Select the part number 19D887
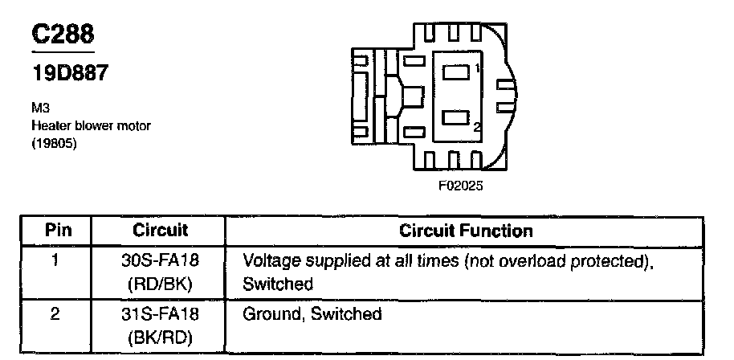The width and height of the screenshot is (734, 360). (69, 73)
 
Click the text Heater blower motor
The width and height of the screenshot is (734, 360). (91, 125)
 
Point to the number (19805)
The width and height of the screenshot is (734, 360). (54, 144)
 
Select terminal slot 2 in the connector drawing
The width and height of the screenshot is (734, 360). (456, 120)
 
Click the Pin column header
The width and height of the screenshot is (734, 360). (57, 231)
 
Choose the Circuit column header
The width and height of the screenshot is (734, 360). (160, 231)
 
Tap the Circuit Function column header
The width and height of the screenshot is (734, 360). (466, 231)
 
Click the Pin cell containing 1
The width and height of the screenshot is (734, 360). (56, 260)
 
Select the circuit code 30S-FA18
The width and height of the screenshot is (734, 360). (161, 261)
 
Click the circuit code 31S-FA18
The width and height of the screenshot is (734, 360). (161, 314)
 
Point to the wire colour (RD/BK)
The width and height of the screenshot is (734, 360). (161, 284)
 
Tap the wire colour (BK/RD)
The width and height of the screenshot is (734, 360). (161, 336)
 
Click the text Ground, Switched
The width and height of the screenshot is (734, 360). (312, 314)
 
